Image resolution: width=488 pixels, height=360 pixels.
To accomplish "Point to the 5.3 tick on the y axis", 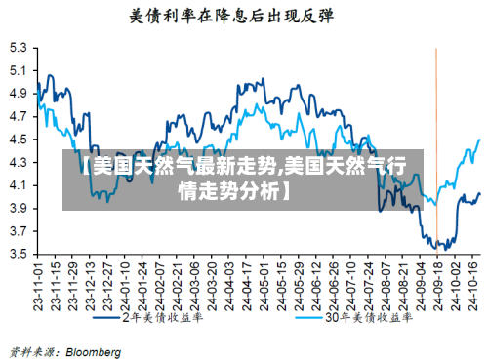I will pos(19,47).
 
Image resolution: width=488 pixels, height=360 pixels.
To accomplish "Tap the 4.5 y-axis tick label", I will pos(19,139).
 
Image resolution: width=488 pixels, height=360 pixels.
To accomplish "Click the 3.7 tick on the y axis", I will pos(19,231).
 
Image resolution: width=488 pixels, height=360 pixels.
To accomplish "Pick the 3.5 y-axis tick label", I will pos(19,254).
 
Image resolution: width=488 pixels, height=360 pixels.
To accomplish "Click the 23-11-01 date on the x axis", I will pos(38,283).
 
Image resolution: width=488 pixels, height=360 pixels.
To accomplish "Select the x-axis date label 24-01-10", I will pos(125,283).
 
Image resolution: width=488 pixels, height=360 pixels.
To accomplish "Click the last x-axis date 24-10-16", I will pos(475,283).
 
